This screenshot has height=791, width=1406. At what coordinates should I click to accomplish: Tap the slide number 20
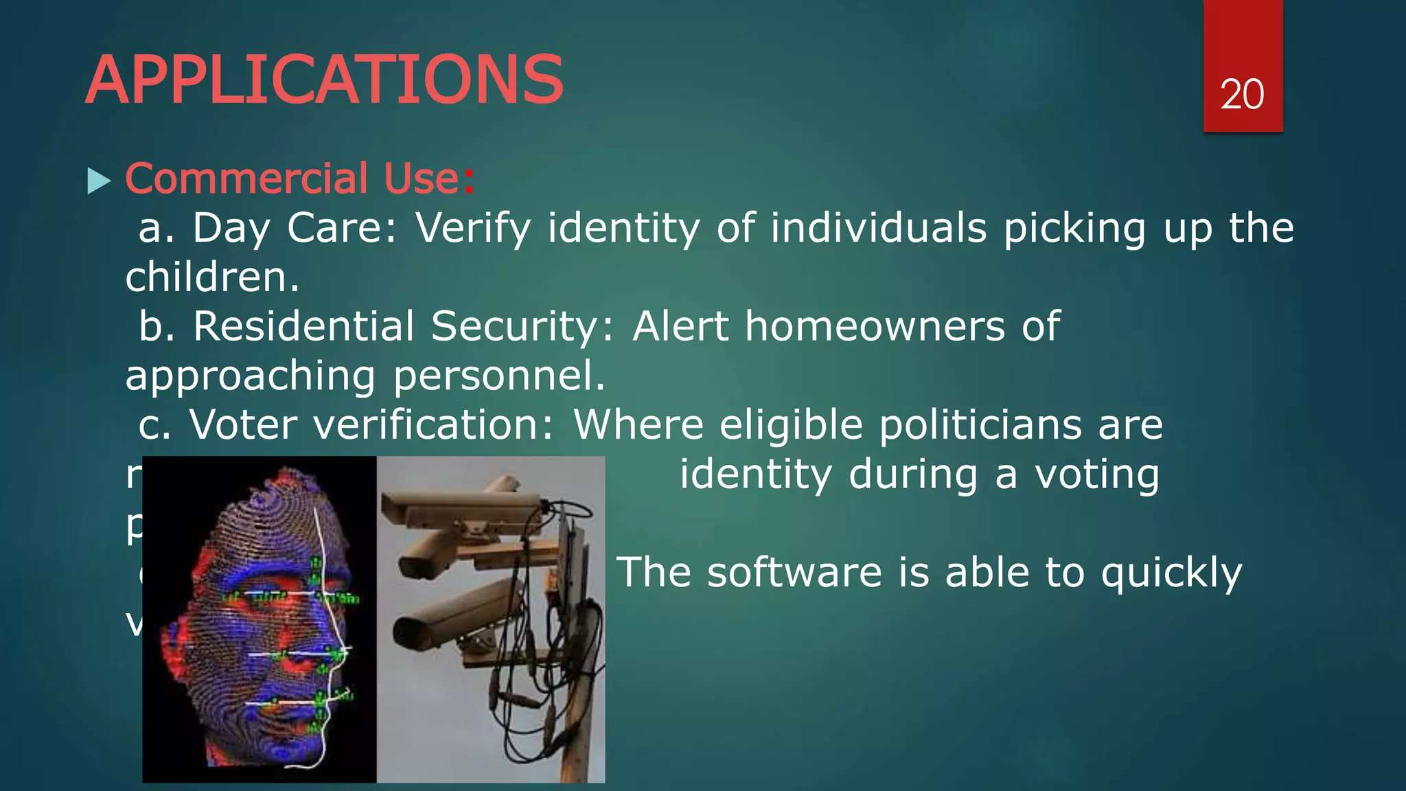coord(1242,95)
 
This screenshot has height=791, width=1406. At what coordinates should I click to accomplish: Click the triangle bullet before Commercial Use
coord(99,182)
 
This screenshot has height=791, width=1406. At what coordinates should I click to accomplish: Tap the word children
coord(211,277)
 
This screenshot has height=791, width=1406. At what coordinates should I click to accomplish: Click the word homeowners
coord(874,326)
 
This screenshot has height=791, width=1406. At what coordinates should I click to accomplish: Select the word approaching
coord(250,376)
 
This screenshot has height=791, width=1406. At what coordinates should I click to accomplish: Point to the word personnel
coord(498,376)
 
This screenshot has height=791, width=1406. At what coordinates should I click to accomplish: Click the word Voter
coord(243,425)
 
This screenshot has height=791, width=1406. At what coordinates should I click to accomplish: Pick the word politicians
coord(980,425)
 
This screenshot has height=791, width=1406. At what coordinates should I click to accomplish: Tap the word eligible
coord(790,425)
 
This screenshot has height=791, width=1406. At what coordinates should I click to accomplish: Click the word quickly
coord(1171,574)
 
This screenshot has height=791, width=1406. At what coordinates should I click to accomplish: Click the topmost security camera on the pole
coord(467,508)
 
